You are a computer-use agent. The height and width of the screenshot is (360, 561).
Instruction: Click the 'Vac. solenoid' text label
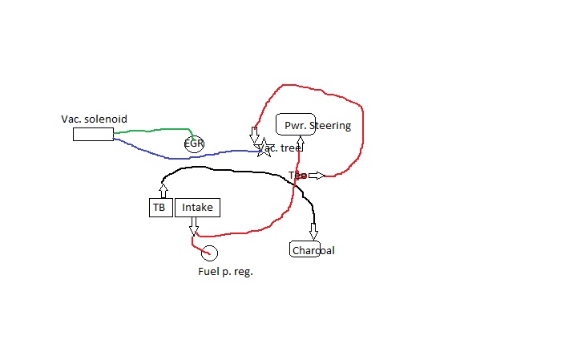tap(94, 119)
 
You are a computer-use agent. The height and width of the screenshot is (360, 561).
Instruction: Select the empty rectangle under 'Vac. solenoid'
tap(93, 134)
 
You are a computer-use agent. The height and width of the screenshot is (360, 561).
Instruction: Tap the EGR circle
tap(194, 144)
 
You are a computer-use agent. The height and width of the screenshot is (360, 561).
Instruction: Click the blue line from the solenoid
tap(152, 154)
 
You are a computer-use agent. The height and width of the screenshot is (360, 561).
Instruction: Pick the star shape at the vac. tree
tap(263, 148)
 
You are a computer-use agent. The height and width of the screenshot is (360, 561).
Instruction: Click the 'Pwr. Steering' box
tap(296, 125)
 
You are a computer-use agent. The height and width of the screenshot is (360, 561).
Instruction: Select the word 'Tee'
tap(297, 175)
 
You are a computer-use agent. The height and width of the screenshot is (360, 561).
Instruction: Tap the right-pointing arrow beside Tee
tap(315, 176)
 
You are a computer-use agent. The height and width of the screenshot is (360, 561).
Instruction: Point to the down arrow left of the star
tap(254, 133)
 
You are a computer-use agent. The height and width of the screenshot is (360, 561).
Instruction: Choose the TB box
tap(159, 208)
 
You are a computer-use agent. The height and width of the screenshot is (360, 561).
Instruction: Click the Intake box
tap(197, 208)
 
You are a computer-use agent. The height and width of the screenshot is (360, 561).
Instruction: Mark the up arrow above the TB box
tap(163, 190)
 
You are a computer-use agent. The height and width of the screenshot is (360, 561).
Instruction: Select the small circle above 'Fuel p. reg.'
tap(209, 253)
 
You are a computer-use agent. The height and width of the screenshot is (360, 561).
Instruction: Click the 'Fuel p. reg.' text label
tap(225, 272)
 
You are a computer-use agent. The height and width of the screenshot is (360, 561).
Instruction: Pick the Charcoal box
tap(305, 250)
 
